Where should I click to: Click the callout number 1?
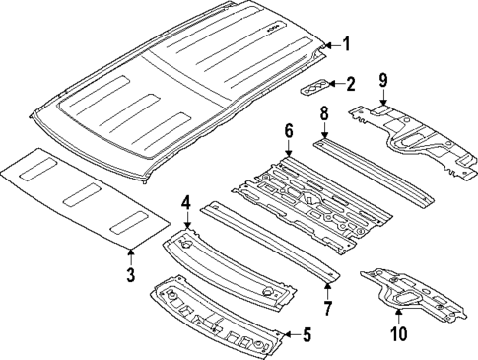coord(345,42)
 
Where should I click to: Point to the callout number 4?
coord(185,203)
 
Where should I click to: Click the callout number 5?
coord(306,335)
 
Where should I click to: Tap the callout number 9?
coord(383,80)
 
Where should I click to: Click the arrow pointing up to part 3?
coord(131,253)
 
